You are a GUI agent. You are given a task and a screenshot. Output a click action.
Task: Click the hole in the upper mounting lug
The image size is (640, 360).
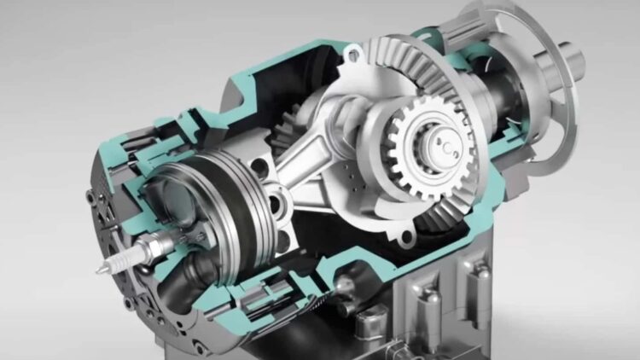click(351, 57)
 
